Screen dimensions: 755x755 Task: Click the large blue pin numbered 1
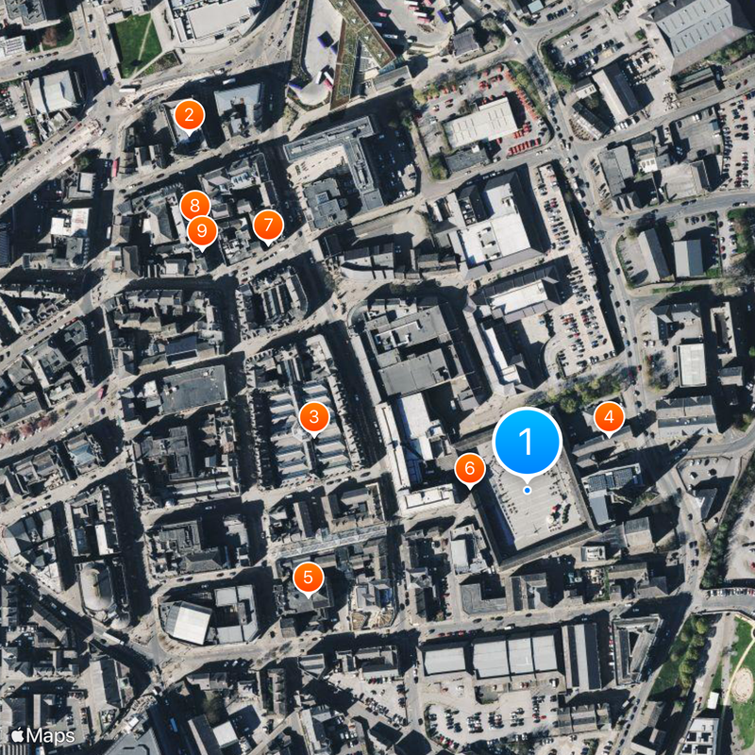pyautogui.click(x=527, y=440)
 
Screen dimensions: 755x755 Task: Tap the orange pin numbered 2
pyautogui.click(x=189, y=116)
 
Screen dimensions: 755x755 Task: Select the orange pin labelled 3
pyautogui.click(x=313, y=416)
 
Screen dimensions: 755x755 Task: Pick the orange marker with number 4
pyautogui.click(x=609, y=416)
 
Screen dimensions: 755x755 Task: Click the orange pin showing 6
pyautogui.click(x=470, y=468)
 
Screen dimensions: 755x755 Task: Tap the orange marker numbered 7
pyautogui.click(x=268, y=226)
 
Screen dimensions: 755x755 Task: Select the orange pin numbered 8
pyautogui.click(x=194, y=205)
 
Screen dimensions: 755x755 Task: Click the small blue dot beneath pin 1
pyautogui.click(x=527, y=490)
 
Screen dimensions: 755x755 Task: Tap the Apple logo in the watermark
pyautogui.click(x=17, y=734)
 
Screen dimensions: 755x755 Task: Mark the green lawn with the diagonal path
pyautogui.click(x=138, y=42)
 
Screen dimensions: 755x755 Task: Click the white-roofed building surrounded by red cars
pyautogui.click(x=481, y=124)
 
